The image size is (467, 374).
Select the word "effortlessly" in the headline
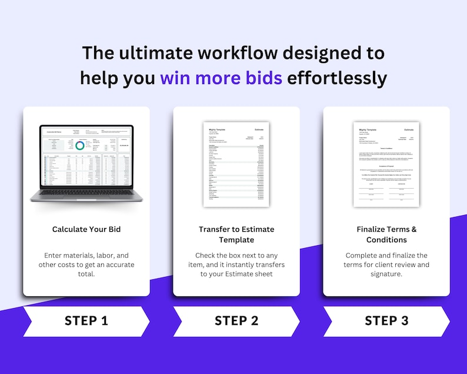pos(337,78)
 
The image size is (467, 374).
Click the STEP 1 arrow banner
pos(86,321)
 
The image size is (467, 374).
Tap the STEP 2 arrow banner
pos(236,321)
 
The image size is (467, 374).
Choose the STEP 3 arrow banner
pos(386,321)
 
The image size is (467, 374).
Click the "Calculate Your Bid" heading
pos(86,229)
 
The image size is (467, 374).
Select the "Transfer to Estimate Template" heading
pos(236,234)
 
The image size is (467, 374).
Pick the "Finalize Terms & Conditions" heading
pos(386,234)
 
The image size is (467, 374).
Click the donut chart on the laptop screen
pos(79,145)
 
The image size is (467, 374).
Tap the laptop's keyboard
pos(86,192)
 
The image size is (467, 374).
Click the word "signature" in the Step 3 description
pos(386,273)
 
